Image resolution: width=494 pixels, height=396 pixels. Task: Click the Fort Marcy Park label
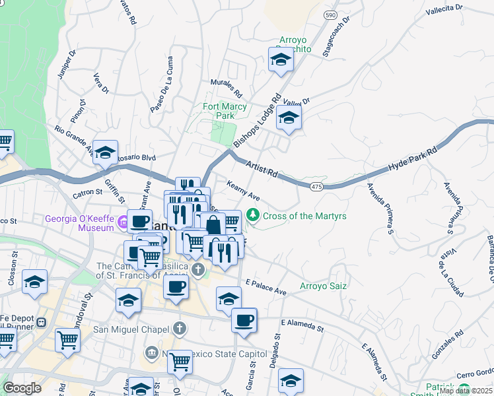point(225,111)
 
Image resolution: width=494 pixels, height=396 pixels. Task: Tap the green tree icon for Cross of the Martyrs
point(252,216)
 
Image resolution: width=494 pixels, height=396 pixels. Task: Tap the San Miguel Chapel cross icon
point(180,329)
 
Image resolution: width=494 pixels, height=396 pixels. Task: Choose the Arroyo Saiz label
point(323,286)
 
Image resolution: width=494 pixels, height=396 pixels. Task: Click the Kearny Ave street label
point(242,191)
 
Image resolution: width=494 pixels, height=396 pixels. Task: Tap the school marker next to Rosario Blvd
point(105,153)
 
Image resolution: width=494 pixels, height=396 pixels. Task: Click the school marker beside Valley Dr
point(289,119)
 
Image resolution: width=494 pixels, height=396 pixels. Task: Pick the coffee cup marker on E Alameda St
point(244,321)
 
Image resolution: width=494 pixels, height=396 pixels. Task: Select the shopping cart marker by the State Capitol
point(180,361)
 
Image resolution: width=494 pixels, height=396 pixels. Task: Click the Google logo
point(22,388)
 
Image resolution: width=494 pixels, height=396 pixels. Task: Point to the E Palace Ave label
point(265,286)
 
